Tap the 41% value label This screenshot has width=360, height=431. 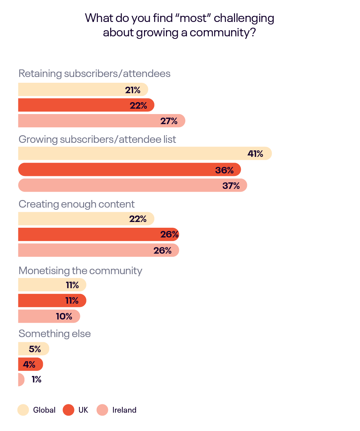click(x=255, y=154)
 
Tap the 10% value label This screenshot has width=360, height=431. click(x=64, y=317)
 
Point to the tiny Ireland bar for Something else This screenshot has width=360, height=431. click(x=21, y=380)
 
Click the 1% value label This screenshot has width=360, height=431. click(x=36, y=380)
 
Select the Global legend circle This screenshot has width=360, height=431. click(x=23, y=410)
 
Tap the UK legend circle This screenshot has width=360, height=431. click(x=68, y=410)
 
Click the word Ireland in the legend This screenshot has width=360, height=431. click(x=124, y=410)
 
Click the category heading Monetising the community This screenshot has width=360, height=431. click(x=80, y=271)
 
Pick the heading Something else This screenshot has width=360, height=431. click(x=55, y=334)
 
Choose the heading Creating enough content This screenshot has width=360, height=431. click(x=77, y=204)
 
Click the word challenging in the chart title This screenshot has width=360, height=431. click(x=247, y=18)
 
